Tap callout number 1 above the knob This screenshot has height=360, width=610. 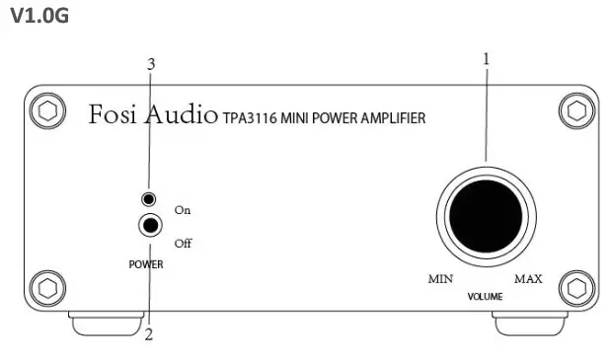coord(486,58)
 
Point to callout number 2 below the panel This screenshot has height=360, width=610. coord(149,334)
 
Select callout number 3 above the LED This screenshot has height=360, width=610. coord(150,64)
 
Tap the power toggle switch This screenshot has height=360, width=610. coord(150,226)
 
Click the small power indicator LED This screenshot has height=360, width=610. coord(149,199)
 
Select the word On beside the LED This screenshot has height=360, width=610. coord(182,210)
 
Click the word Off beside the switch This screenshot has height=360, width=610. coord(182,243)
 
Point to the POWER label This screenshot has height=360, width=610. coord(146,264)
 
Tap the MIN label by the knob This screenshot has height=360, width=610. coord(440,279)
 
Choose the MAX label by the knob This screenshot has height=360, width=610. coord(529,279)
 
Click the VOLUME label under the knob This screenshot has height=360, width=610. coord(486,297)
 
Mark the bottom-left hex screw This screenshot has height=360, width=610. coord(45,288)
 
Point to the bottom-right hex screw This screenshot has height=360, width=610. coord(577,288)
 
